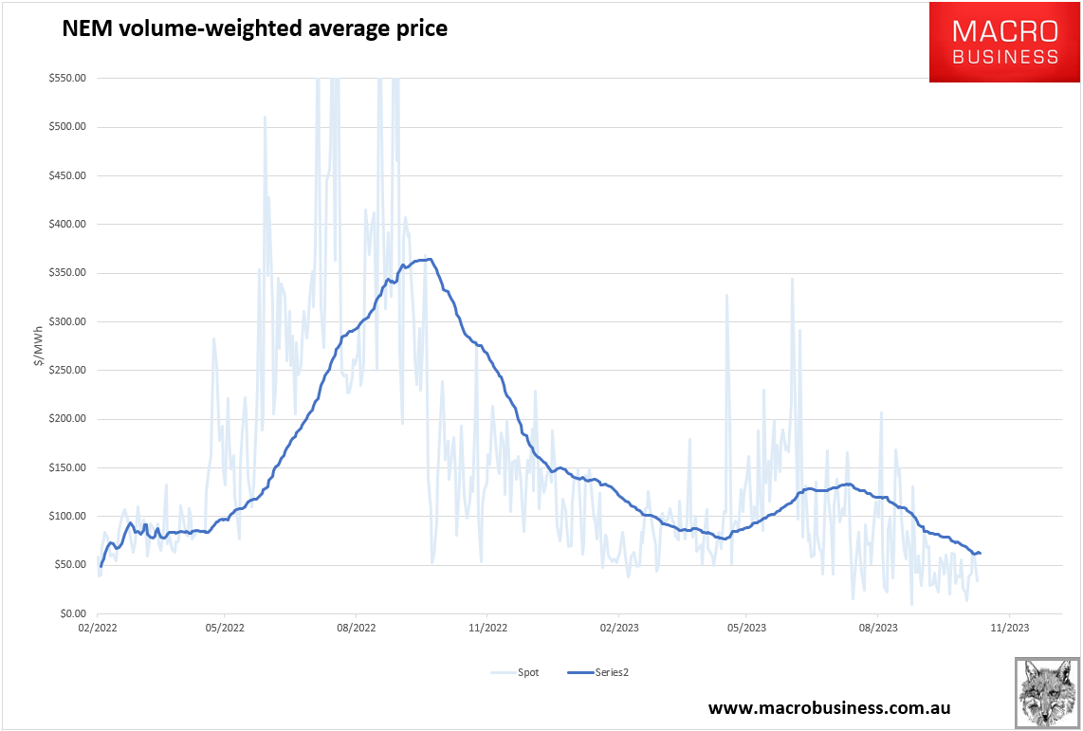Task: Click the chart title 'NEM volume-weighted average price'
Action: click(254, 29)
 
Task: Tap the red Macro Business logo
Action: click(1004, 43)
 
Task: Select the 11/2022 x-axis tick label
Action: click(485, 627)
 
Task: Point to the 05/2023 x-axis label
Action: click(746, 627)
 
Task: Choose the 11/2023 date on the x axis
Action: click(1008, 627)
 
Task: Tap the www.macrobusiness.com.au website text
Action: click(829, 708)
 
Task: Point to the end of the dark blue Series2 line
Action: click(980, 553)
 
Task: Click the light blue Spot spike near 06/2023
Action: click(792, 280)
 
